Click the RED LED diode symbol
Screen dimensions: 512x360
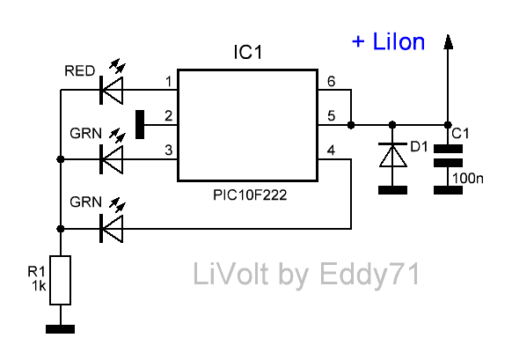112,90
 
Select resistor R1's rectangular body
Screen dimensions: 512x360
61,280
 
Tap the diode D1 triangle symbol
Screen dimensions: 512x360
393,155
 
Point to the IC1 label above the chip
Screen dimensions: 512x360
248,52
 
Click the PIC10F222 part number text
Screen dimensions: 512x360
250,195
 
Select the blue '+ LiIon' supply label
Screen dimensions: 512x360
388,41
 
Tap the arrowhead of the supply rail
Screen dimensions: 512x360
448,42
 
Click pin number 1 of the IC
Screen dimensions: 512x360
169,81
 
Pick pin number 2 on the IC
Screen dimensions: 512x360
169,116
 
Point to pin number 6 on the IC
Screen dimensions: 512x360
331,81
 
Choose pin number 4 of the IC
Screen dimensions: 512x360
331,151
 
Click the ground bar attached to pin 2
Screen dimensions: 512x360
140,124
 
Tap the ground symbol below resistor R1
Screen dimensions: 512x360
61,329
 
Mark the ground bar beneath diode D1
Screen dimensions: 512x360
393,190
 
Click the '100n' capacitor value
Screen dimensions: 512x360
468,179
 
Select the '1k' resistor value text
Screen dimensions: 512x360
39,286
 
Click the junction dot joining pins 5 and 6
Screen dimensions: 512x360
351,125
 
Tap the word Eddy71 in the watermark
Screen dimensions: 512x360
369,275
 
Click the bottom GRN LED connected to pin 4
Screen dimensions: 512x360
112,229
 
